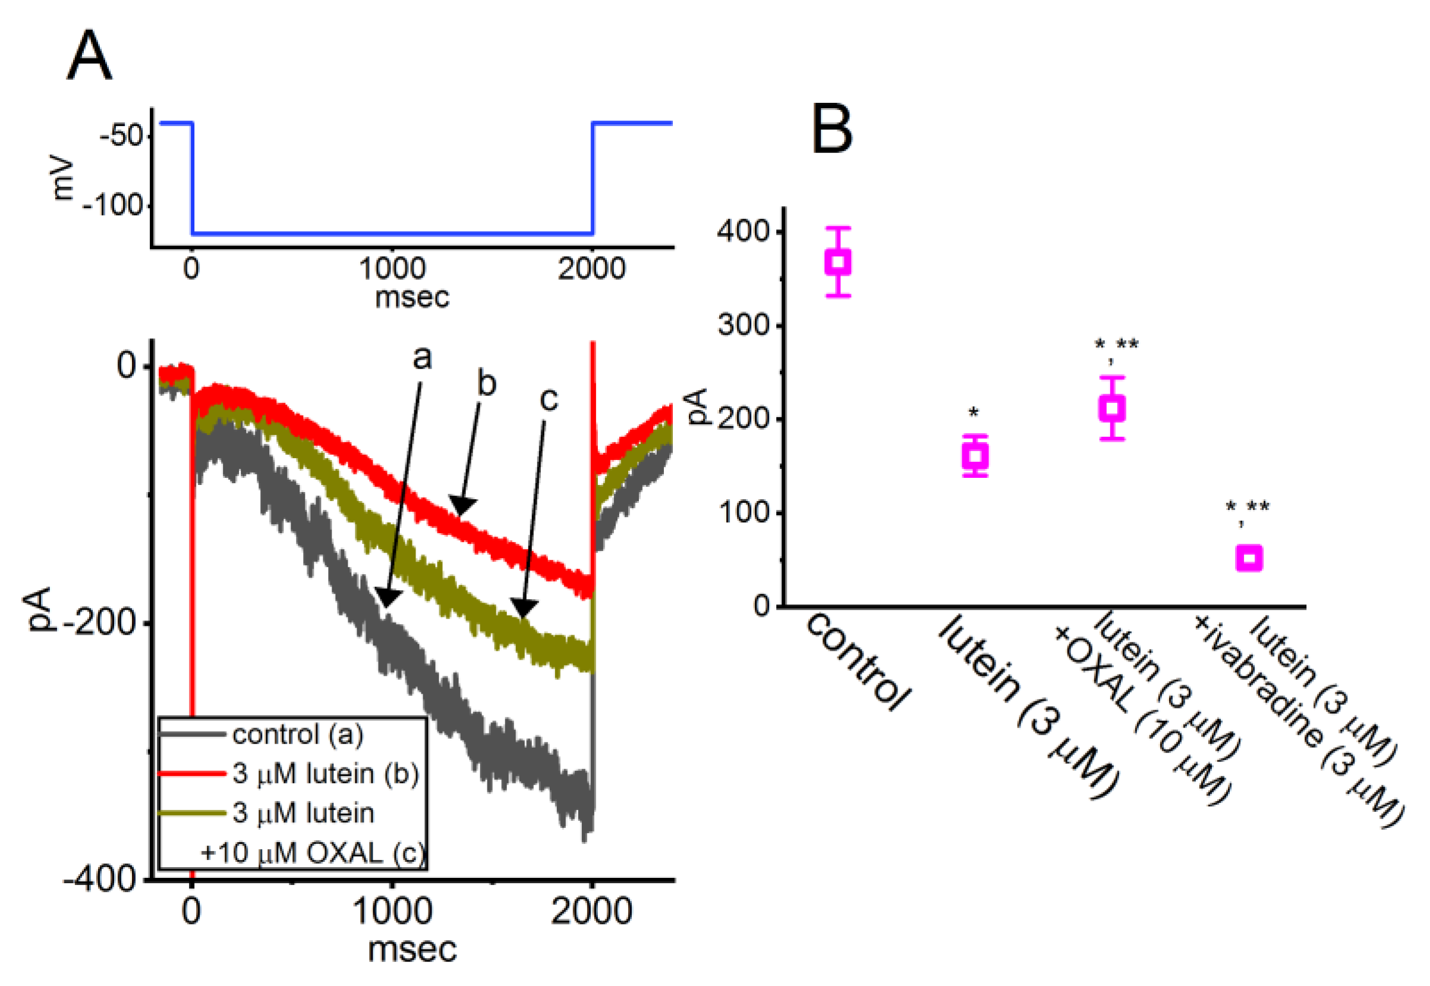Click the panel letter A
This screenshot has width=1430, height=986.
tap(89, 58)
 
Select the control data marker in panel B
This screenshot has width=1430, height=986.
tap(838, 262)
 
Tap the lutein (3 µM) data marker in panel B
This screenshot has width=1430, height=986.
tap(975, 456)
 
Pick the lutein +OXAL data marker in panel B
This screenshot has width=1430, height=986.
tap(1112, 408)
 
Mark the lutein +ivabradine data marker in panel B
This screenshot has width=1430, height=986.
tap(1248, 559)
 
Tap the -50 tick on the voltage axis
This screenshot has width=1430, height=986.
tap(122, 135)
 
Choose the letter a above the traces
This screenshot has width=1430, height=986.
tap(422, 357)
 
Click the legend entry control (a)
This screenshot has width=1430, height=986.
tap(298, 735)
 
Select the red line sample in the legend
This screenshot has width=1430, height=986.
tap(191, 773)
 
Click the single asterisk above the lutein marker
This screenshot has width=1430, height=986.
tap(974, 412)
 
